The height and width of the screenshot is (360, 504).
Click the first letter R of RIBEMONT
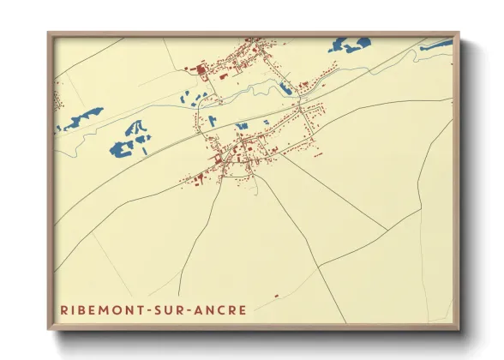(x=63, y=309)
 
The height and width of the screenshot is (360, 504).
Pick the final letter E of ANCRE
(x=243, y=309)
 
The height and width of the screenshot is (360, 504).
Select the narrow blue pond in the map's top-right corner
(x=436, y=44)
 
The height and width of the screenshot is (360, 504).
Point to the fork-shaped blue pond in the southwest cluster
(x=135, y=129)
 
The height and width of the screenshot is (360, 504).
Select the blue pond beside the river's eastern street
(x=286, y=87)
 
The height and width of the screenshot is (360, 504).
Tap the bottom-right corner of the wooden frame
(x=459, y=328)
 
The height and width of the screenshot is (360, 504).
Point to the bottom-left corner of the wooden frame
(x=49, y=328)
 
